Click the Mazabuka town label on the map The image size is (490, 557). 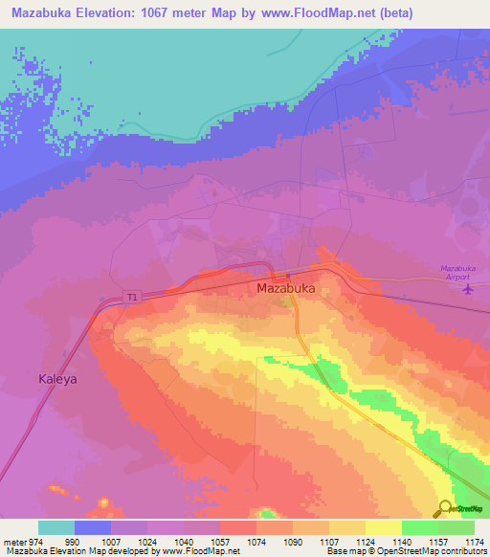click(286, 287)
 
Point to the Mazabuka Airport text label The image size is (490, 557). click(461, 271)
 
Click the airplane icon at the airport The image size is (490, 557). click(468, 288)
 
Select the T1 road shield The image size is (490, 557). click(130, 297)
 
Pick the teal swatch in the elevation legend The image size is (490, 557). click(56, 527)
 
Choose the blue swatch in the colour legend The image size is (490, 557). click(93, 527)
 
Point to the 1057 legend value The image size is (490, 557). click(220, 542)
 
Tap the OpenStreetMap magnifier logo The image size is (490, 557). click(444, 508)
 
